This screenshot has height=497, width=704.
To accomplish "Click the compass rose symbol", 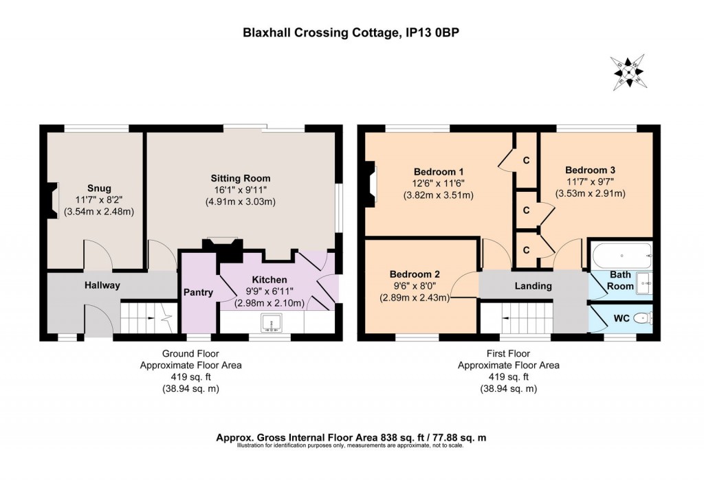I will point(628,71).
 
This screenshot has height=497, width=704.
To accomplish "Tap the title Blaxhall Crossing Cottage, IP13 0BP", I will point(352,32).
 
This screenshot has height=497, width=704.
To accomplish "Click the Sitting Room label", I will point(241,178).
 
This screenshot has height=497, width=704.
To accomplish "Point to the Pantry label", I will point(198,292).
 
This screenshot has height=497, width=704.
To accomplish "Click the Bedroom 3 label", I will point(590,170).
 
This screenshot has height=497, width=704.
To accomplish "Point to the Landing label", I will point(533,286).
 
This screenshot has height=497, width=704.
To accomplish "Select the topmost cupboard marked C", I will point(526,160).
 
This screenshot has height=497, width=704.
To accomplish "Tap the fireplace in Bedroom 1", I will point(372,184).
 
